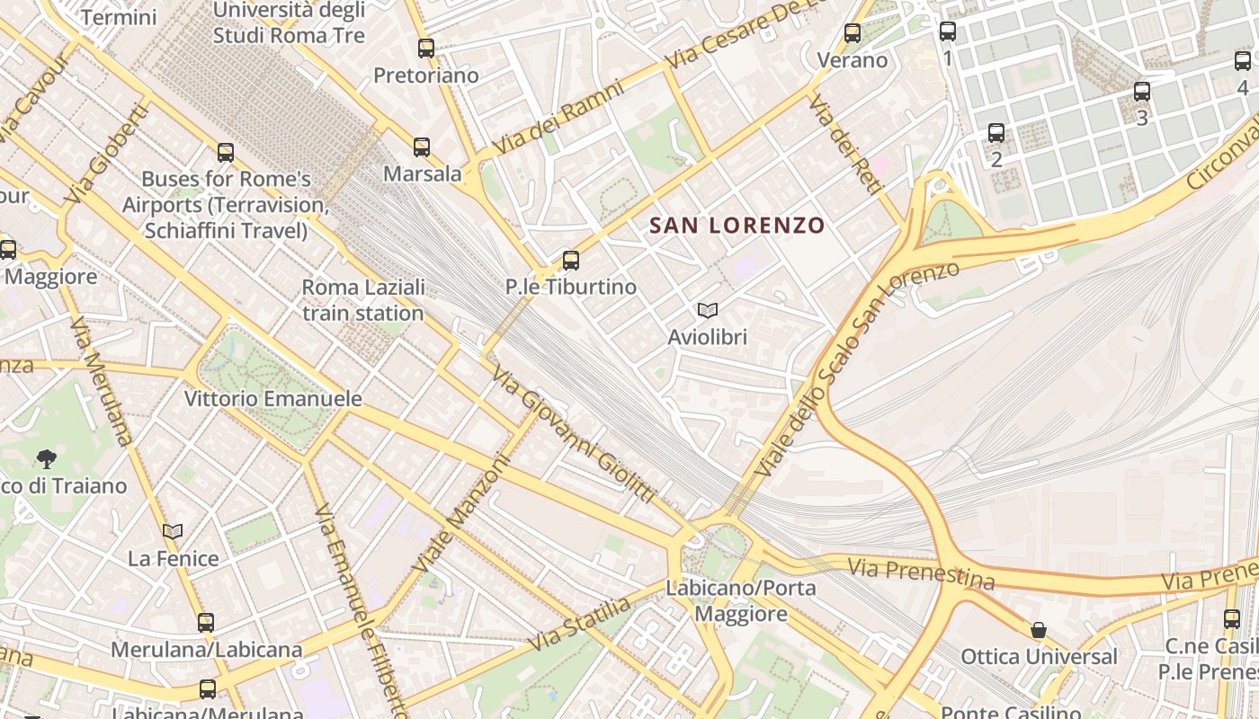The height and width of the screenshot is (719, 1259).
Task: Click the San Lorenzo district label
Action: [737, 225]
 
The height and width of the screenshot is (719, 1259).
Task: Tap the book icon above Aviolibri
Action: [708, 311]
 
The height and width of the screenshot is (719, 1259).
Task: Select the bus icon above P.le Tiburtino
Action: [570, 261]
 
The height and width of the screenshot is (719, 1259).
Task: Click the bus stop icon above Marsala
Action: [422, 147]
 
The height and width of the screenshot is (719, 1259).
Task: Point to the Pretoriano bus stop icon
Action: [426, 49]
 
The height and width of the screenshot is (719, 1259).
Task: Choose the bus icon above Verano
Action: [852, 34]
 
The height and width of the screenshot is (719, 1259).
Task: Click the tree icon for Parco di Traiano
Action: [47, 460]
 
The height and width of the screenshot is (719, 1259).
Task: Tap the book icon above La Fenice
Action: [173, 532]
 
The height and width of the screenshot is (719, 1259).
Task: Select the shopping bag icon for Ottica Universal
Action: [1039, 630]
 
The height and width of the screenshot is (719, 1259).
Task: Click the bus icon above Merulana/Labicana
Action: [206, 622]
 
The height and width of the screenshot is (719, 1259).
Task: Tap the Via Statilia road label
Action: [580, 625]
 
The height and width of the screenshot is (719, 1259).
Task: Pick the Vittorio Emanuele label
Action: [272, 398]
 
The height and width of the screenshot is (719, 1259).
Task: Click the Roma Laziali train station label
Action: [363, 300]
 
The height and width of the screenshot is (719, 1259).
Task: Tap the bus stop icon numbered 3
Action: [1141, 92]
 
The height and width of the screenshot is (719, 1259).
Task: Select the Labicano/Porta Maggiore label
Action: [741, 601]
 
